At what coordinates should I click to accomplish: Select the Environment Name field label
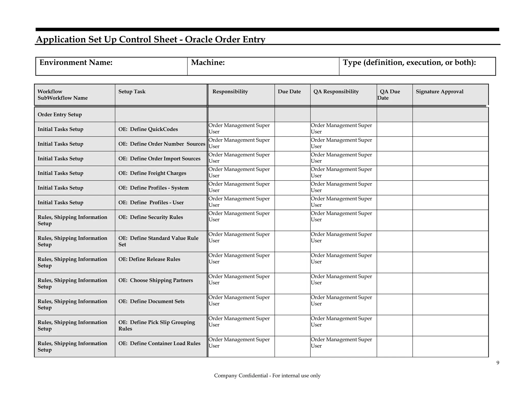coord(76,62)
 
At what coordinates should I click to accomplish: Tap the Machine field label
coord(208,62)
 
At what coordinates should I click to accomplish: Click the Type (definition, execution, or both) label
coord(409,62)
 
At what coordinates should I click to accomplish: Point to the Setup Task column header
coord(132,92)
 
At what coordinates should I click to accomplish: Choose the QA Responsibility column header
coord(336,92)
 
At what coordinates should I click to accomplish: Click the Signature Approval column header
coord(439,92)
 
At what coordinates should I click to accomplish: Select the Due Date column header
coord(289,92)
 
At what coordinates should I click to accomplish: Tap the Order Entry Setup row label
coord(60,115)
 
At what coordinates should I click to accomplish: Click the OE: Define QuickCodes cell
coord(148,129)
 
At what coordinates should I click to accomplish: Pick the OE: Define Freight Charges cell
coord(152,173)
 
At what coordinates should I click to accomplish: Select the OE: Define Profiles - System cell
coord(153,188)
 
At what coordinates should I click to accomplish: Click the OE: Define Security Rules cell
coord(151,217)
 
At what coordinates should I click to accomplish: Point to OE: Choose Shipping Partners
coord(156,280)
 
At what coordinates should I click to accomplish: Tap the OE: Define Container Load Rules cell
coord(159,344)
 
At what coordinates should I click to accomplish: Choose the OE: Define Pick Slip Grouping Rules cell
coord(156,325)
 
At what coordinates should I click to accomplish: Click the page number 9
coord(497,363)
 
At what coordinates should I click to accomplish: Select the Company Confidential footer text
coord(267,376)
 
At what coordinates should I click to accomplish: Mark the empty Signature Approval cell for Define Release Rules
coord(450,262)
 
